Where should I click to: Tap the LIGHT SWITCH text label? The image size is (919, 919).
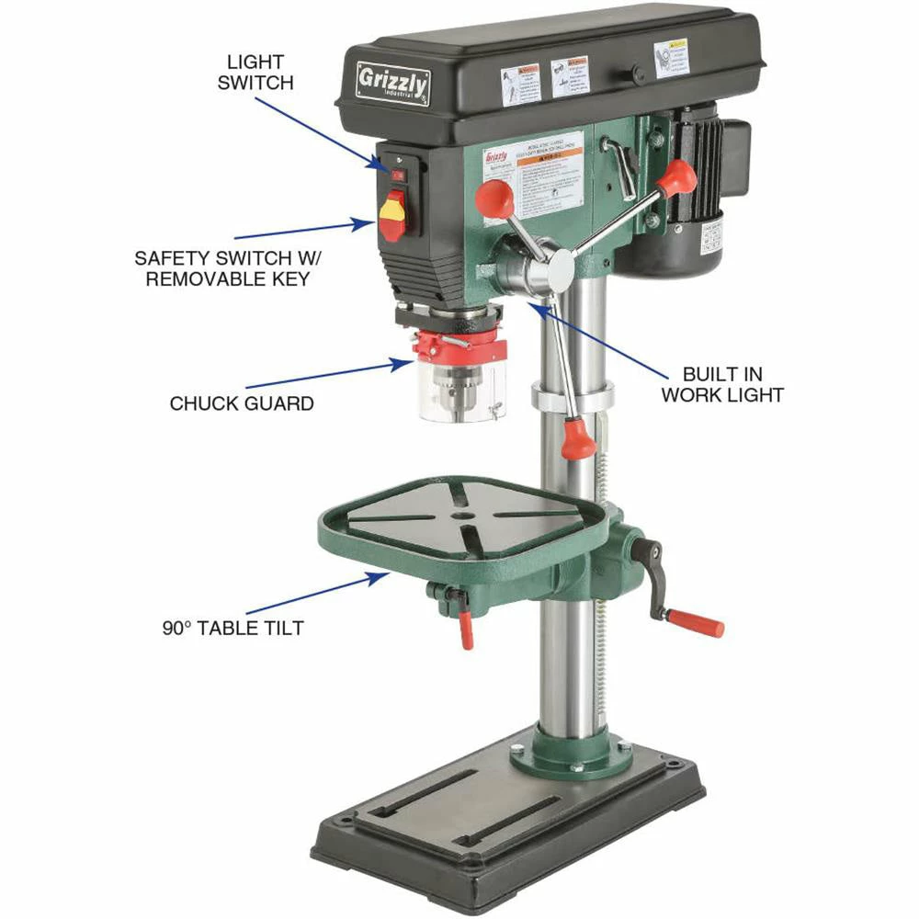(261, 72)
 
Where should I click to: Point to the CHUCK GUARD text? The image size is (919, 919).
(242, 403)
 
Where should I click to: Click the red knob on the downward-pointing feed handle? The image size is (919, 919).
(579, 438)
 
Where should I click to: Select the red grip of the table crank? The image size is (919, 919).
(696, 622)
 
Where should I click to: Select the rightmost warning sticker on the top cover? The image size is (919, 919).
(671, 57)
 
